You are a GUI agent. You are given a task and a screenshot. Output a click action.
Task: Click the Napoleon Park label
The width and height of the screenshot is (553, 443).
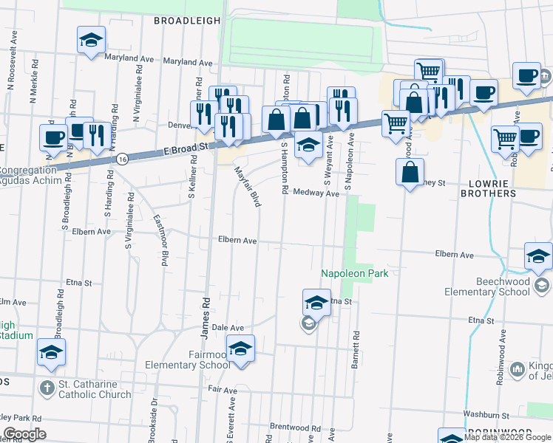pyautogui.click(x=354, y=273)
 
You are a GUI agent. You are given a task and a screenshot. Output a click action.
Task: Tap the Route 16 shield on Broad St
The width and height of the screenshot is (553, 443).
pyautogui.click(x=122, y=159)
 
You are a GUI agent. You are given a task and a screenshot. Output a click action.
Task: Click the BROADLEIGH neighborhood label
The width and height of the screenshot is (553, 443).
pyautogui.click(x=187, y=21)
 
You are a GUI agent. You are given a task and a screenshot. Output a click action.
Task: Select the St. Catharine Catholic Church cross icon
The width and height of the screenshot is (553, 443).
pyautogui.click(x=46, y=386)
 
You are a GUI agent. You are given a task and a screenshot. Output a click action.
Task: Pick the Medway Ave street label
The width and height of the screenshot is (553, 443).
pyautogui.click(x=316, y=193)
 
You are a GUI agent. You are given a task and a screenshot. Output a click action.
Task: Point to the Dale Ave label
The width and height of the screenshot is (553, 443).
pyautogui.click(x=228, y=327)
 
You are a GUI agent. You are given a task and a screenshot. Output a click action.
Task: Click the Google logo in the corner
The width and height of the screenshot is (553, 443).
pyautogui.click(x=24, y=433)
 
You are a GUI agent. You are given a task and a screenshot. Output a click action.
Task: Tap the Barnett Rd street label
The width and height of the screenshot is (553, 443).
pyautogui.click(x=356, y=345)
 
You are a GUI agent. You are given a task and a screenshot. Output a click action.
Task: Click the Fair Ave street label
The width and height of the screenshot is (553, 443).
pyautogui.click(x=223, y=388)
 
